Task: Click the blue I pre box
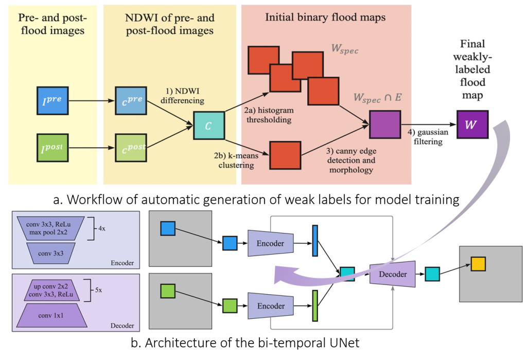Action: tap(53, 100)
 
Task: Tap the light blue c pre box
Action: tap(130, 100)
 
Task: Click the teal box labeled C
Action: tap(208, 124)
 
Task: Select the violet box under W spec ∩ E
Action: tap(385, 124)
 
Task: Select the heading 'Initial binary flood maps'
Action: tap(325, 17)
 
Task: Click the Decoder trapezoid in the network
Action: tap(392, 274)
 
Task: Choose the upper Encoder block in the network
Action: tap(271, 243)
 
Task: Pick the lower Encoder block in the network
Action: tap(271, 306)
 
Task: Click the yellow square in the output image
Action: tap(478, 264)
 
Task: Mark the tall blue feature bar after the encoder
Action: tap(314, 240)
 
